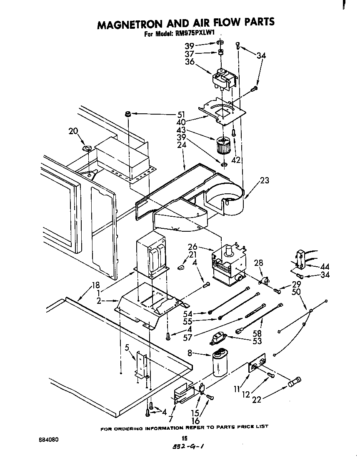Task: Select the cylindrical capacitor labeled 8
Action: click(221, 363)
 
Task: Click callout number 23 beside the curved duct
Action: click(264, 181)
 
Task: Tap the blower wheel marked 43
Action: click(224, 145)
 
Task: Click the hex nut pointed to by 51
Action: click(128, 114)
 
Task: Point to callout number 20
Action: click(73, 131)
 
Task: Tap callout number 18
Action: click(96, 285)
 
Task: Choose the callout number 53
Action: click(257, 341)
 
